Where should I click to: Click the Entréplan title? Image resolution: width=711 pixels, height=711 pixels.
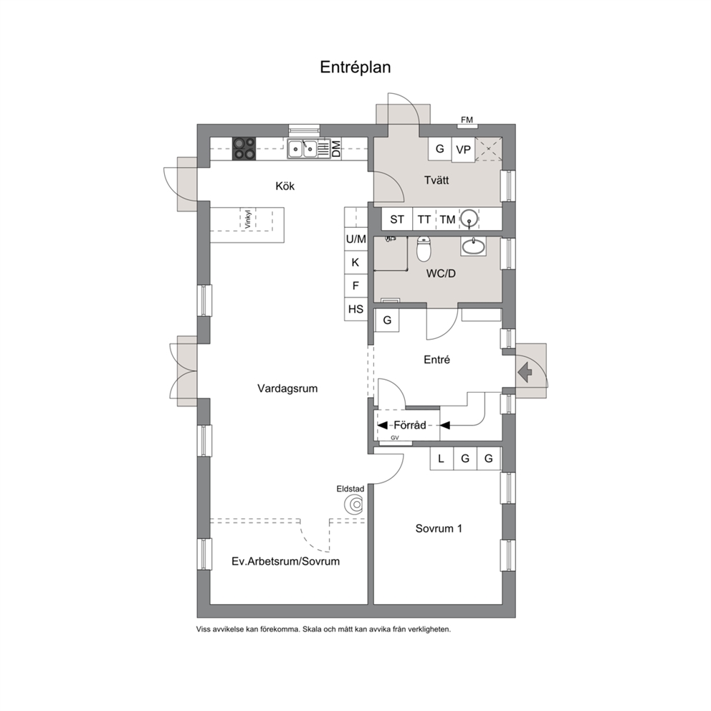pos(355,67)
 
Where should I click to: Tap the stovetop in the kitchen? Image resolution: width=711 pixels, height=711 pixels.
pos(244,148)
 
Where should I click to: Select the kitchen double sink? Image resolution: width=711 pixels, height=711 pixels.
pos(302,148)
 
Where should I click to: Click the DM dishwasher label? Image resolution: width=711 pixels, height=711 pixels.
pos(336,149)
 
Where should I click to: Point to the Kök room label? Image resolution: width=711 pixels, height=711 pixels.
pos(285,186)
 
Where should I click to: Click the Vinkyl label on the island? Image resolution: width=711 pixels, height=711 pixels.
pos(247,219)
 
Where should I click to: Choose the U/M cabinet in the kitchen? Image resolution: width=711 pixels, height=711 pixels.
pos(356,239)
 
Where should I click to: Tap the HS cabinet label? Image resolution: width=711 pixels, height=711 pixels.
pos(356,309)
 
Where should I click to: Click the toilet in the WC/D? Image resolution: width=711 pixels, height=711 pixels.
pos(424,249)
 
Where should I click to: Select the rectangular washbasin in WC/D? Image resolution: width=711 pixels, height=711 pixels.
pos(473,247)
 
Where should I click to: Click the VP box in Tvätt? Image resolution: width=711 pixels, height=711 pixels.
pos(463,149)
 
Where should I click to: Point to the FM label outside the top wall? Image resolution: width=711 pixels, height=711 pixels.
pos(467,120)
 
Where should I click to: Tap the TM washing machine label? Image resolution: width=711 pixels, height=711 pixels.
pos(447,219)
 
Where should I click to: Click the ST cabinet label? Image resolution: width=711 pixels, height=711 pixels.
pos(397,219)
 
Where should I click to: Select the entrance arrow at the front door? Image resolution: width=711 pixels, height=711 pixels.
pos(525,372)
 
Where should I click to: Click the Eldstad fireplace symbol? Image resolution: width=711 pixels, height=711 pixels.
pos(353,505)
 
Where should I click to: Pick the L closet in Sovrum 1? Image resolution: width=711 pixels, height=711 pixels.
pos(442,459)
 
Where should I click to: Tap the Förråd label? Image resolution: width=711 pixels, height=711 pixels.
pos(410,425)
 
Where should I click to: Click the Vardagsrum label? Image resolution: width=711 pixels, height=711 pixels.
pos(287,388)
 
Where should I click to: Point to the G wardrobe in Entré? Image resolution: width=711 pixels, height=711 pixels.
pos(387,320)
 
